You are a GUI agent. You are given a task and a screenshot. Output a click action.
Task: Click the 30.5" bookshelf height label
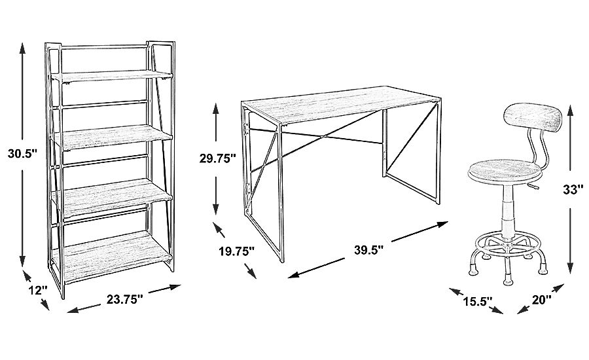(x=22, y=154)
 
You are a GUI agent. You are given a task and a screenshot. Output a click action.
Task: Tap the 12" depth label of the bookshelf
(x=38, y=290)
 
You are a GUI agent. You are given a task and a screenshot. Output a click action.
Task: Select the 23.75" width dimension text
(x=125, y=299)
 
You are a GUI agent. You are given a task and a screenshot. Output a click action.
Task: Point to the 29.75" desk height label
(x=217, y=158)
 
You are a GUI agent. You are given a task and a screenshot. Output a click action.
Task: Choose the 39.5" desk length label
(x=368, y=249)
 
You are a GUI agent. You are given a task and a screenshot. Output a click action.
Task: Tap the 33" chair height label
(x=573, y=190)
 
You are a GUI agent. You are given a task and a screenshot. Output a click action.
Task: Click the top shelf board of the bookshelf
(x=112, y=75)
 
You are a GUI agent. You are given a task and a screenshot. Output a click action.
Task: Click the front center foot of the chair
(x=507, y=280)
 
